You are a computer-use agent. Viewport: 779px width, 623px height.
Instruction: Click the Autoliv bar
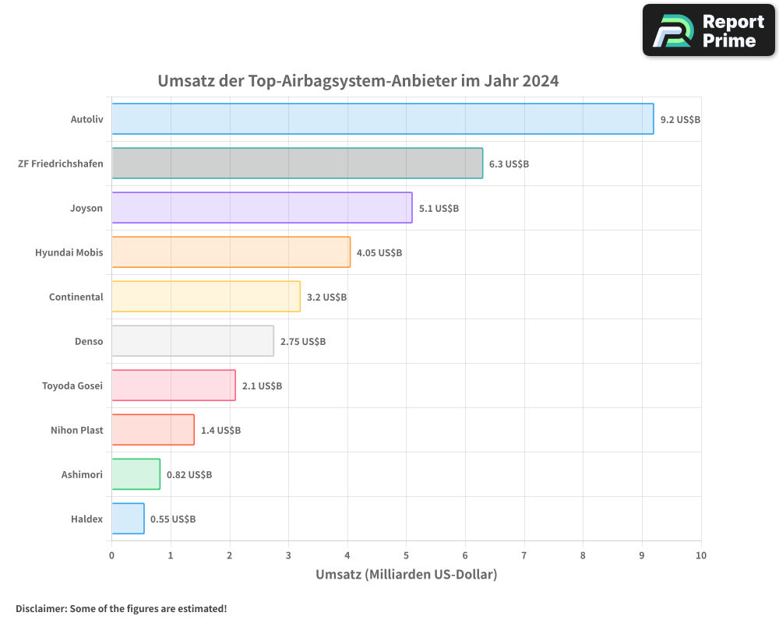(x=382, y=119)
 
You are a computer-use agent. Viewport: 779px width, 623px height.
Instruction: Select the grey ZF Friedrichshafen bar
(x=297, y=164)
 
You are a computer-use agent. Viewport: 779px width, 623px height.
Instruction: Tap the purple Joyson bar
(x=262, y=208)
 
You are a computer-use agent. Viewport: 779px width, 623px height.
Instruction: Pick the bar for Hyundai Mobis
(x=231, y=252)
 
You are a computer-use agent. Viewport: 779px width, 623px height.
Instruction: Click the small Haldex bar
(x=128, y=519)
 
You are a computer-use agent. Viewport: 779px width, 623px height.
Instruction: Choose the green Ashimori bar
(x=136, y=474)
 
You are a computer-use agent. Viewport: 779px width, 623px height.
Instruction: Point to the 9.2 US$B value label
(x=680, y=120)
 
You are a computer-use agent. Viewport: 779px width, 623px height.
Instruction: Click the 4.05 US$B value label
(x=379, y=253)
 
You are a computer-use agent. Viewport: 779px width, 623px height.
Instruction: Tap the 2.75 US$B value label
(x=303, y=342)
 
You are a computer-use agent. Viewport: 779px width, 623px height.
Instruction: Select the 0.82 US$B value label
(x=189, y=475)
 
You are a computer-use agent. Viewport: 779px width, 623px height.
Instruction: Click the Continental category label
(x=76, y=297)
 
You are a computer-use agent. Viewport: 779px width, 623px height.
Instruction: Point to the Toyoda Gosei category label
(x=72, y=386)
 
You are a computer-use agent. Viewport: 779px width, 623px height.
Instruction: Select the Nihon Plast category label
(x=76, y=431)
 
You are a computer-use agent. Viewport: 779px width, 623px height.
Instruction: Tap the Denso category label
(x=89, y=342)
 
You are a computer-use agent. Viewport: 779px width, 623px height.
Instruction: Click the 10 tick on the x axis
(x=700, y=555)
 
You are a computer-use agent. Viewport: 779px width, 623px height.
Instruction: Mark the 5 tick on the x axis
(x=406, y=555)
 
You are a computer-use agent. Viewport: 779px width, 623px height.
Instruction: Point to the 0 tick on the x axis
(x=111, y=555)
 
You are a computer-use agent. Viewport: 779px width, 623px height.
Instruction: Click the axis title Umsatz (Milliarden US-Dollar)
(x=406, y=575)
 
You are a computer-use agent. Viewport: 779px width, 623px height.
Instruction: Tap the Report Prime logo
(x=708, y=30)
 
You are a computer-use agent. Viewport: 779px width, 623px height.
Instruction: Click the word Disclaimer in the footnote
(x=41, y=609)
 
